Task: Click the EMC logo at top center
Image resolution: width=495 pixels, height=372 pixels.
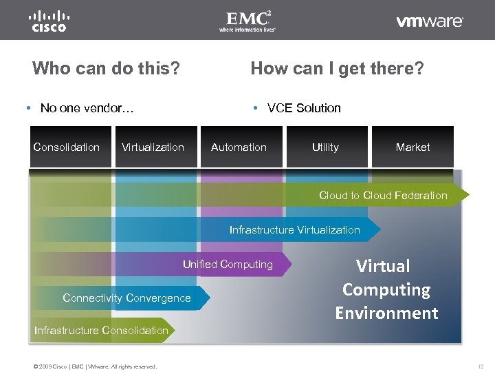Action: click(247, 21)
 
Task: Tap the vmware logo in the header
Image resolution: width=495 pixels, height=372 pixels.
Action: click(430, 21)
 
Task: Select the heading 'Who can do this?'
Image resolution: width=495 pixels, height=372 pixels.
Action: click(106, 68)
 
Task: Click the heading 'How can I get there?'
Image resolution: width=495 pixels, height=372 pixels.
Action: click(337, 68)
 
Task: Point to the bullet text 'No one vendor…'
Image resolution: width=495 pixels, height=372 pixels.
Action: click(87, 107)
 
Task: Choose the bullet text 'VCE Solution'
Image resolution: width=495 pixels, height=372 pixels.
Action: click(303, 107)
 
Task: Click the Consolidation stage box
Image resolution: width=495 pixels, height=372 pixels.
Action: click(67, 147)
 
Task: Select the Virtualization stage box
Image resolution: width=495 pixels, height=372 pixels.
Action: click(153, 147)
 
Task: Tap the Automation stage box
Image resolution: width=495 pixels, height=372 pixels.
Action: click(239, 147)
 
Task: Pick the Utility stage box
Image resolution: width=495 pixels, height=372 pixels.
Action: click(325, 147)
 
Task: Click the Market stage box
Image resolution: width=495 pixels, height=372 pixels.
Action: click(412, 147)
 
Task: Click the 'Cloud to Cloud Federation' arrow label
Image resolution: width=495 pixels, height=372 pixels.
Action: click(383, 195)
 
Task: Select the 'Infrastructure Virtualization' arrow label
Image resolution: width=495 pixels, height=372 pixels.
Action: click(294, 229)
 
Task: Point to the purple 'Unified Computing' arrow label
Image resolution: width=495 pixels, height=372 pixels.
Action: click(228, 264)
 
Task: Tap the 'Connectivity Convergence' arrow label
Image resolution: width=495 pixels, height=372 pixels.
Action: click(126, 298)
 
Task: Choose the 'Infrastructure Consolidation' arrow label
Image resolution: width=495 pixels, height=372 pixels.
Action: click(101, 330)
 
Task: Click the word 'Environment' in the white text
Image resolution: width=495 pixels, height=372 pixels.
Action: click(386, 313)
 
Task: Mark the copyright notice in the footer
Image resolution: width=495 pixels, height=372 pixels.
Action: click(95, 366)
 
